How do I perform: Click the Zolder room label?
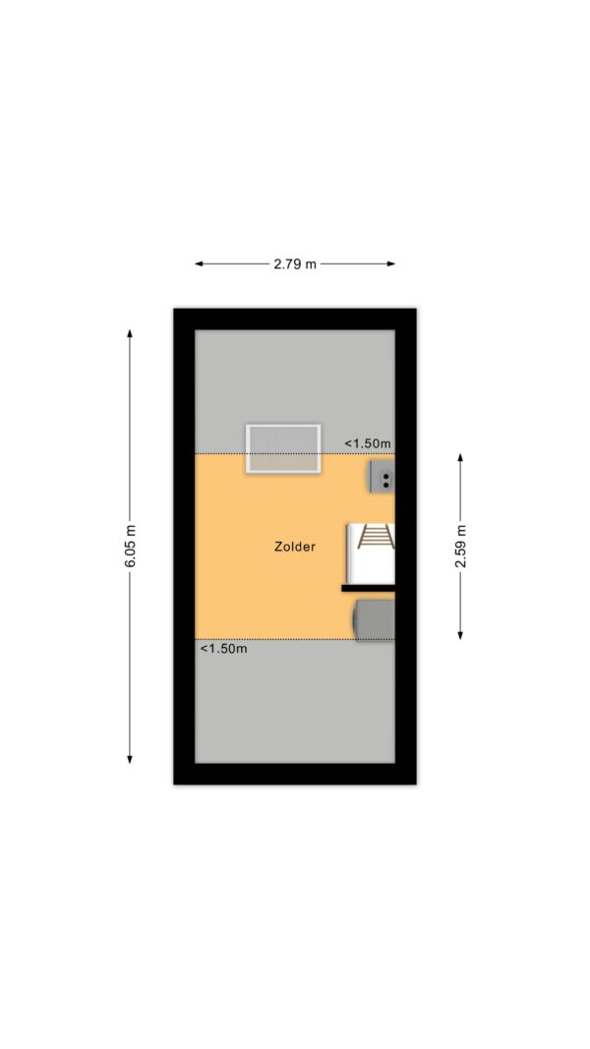tap(294, 547)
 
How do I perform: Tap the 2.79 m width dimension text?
tap(294, 263)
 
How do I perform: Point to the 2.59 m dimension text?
tap(460, 546)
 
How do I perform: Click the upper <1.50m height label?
tap(367, 442)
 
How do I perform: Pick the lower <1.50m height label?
tap(223, 648)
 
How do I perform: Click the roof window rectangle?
tap(283, 449)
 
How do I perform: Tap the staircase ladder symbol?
tap(376, 537)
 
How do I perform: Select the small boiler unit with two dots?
tap(381, 477)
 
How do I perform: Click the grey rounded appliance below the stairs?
tap(375, 620)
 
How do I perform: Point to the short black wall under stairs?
tap(369, 588)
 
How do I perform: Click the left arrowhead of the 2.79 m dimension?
tap(199, 263)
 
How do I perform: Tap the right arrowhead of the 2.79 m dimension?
tap(390, 263)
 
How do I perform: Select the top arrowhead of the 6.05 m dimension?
tap(129, 333)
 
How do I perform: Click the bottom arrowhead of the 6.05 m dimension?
tap(129, 759)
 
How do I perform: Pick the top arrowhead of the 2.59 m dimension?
tap(460, 457)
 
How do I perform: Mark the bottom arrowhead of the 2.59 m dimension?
tap(460, 635)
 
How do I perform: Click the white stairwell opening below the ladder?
tap(372, 566)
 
